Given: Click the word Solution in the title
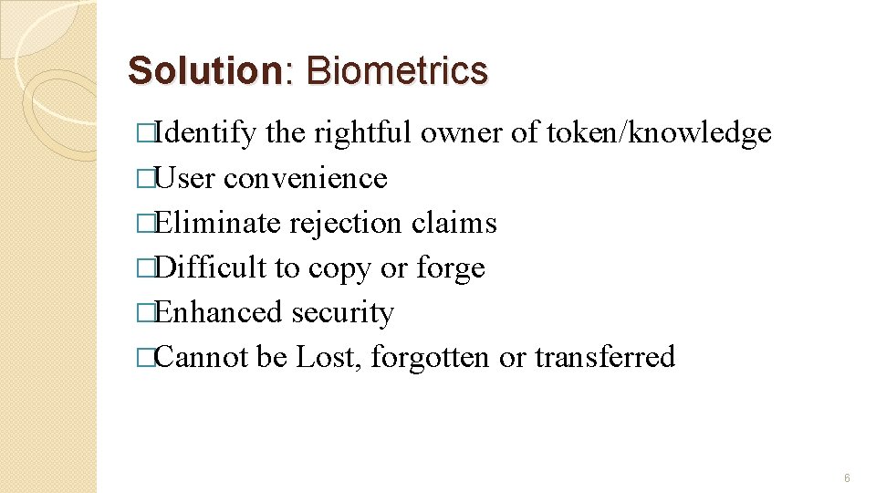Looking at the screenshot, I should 206,70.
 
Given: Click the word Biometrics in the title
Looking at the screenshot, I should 397,70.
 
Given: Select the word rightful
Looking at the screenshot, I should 363,133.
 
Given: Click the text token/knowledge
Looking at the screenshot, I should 659,133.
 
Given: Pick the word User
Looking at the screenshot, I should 185,178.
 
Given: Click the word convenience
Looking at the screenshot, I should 306,178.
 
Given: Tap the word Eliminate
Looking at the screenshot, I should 214,223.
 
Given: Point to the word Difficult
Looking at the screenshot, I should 211,267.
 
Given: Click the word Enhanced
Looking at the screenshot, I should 218,312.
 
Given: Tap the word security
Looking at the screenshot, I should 342,312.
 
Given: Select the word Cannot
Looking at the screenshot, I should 202,357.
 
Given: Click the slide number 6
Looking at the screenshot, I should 848,478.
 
